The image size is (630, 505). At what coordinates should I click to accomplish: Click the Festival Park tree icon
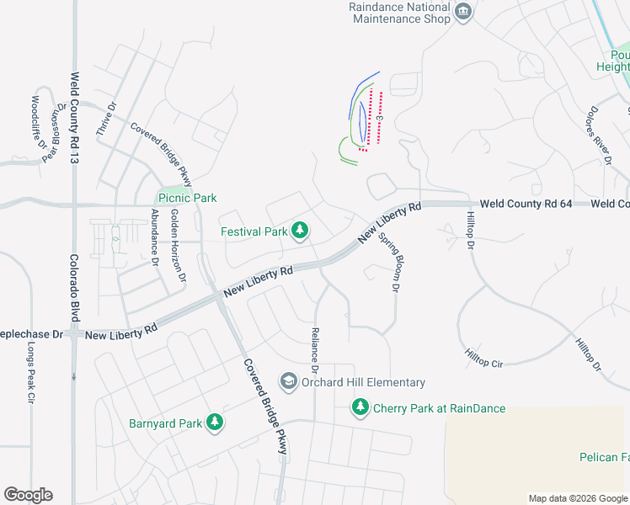[x=300, y=231]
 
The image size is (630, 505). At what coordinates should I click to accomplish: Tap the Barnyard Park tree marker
[x=216, y=423]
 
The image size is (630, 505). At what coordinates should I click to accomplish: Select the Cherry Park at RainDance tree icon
[x=360, y=408]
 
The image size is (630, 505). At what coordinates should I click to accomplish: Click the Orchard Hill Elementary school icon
[x=289, y=382]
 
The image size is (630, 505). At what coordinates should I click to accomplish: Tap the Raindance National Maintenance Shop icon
[x=462, y=12]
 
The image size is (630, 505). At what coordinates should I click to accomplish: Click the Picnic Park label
[x=187, y=198]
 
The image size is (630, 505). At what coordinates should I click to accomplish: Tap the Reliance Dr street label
[x=315, y=350]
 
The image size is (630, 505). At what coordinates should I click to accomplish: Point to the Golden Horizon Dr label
[x=179, y=246]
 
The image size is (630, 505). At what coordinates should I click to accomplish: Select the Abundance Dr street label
[x=155, y=237]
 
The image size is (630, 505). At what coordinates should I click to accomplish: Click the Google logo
[x=28, y=495]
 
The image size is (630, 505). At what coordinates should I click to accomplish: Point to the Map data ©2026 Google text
[x=578, y=498]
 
